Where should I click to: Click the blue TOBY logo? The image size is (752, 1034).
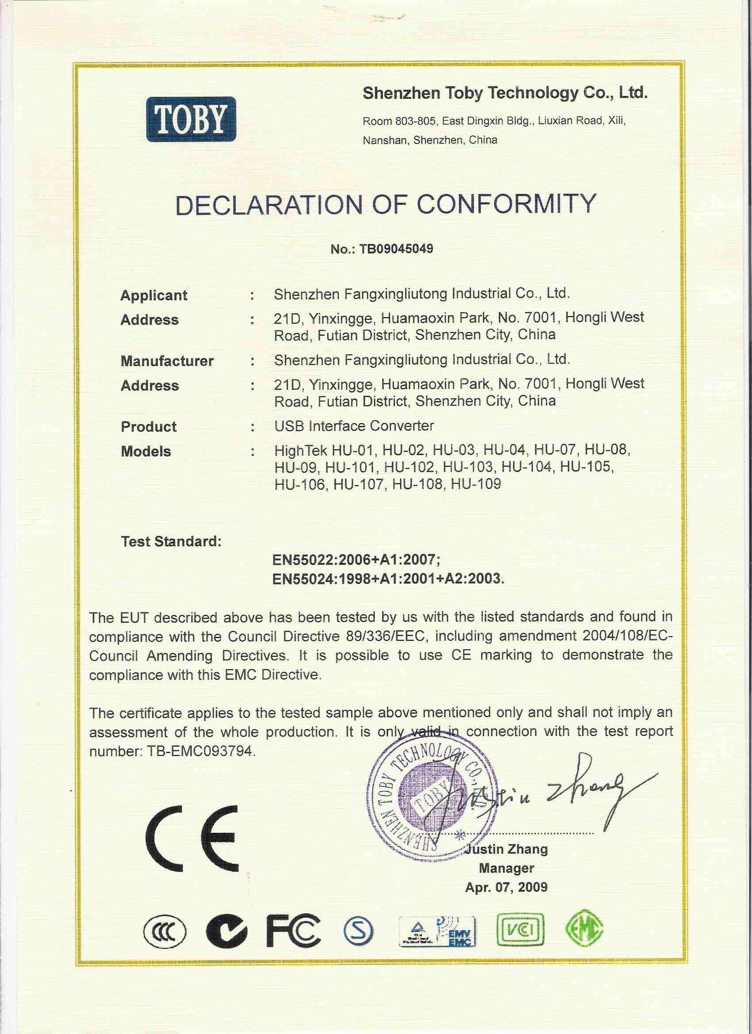191,119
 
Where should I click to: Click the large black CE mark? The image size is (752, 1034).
192,839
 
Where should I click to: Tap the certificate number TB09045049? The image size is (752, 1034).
396,249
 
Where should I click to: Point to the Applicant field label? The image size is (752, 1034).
153,295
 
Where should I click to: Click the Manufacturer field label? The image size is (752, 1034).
167,361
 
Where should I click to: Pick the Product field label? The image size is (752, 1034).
149,427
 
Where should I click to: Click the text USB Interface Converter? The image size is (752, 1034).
354,426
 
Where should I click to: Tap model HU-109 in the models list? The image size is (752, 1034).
476,484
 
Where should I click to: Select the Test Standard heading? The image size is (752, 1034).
171,542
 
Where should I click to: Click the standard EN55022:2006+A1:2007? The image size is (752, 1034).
356,559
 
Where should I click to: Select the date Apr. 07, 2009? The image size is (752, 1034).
506,887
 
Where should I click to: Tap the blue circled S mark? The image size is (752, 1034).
358,931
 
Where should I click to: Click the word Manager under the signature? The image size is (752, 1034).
506,869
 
